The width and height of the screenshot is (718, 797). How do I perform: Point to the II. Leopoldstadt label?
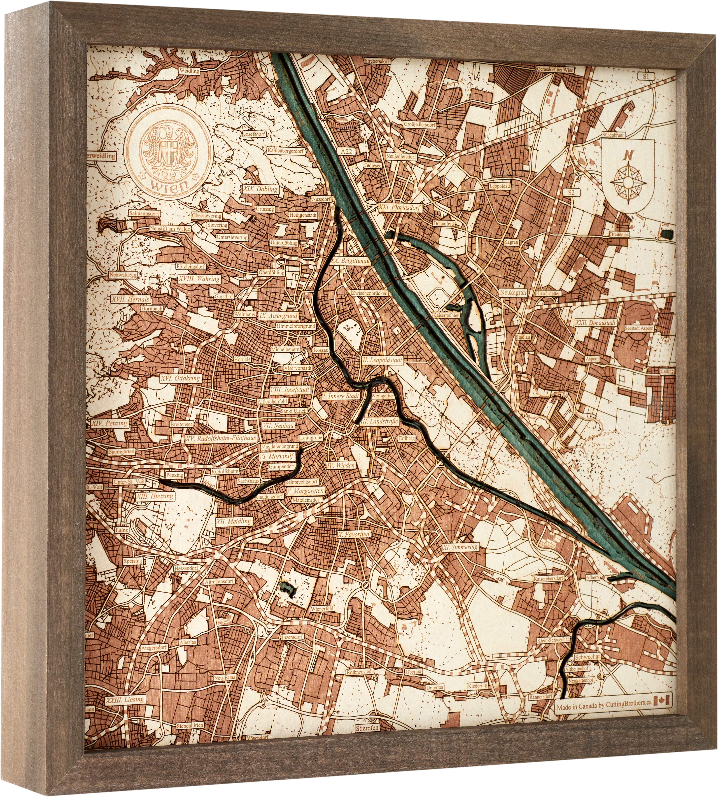[x=382, y=360]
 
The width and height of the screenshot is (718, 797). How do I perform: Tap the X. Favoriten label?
[x=353, y=535]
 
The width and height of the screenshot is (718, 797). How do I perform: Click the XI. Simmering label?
[x=460, y=547]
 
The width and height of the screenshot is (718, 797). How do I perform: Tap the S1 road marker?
[x=646, y=76]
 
